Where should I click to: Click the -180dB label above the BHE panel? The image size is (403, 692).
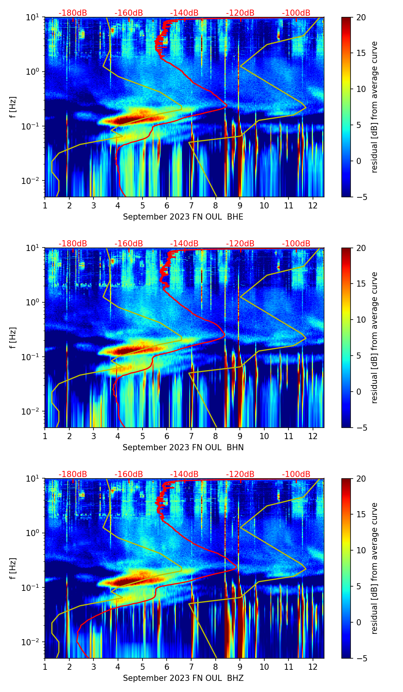click(73, 13)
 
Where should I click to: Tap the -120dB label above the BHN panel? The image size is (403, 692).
click(240, 244)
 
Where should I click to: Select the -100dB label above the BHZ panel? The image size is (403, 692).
click(296, 474)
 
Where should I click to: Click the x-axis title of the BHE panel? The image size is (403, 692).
click(183, 217)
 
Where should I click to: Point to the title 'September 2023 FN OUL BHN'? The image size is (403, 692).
click(183, 448)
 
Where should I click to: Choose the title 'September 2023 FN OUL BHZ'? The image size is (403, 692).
click(183, 678)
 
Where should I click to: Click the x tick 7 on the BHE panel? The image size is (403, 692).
click(191, 205)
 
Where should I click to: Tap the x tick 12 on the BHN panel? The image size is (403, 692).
click(313, 436)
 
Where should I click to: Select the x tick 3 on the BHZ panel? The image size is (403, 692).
click(93, 666)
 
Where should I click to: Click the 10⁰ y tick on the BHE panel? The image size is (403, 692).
click(34, 72)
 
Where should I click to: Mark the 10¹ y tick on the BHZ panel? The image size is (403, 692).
click(34, 479)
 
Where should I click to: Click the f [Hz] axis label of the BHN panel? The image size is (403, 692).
click(13, 338)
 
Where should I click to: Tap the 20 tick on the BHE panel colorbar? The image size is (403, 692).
click(361, 17)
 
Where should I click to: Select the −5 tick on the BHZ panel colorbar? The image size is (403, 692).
click(361, 658)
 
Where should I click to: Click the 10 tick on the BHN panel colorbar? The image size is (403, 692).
click(361, 320)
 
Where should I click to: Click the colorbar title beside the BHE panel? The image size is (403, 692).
click(374, 107)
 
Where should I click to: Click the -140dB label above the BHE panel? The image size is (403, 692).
click(184, 13)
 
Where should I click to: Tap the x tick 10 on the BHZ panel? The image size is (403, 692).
click(264, 666)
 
